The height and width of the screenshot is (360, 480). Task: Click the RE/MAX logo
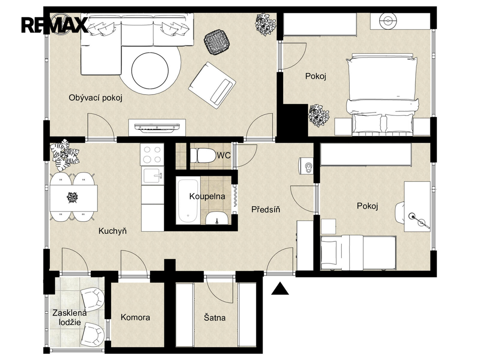coord(54,25)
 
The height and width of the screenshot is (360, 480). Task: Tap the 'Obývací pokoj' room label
coord(96,98)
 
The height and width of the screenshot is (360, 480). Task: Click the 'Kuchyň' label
coord(112,231)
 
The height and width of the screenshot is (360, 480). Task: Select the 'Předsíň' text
coord(266,210)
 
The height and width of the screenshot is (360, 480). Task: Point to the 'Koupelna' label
coord(207,196)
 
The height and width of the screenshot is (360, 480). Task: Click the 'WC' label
coord(224,156)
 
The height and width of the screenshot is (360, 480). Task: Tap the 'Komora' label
coord(135,317)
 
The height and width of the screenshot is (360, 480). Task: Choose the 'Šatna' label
coord(215,317)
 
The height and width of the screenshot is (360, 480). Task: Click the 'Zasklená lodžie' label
coord(70,317)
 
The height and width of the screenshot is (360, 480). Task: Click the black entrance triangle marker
coord(280,289)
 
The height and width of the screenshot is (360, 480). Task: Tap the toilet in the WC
coord(203,156)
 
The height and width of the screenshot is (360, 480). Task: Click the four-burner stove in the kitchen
coord(152,155)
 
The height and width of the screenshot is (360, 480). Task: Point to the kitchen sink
coord(153,176)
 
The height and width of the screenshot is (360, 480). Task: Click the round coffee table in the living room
coord(150,70)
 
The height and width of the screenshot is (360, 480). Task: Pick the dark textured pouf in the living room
coord(217,42)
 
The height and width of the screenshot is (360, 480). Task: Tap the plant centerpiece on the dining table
coord(73,197)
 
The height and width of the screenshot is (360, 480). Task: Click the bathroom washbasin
coord(217,218)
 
